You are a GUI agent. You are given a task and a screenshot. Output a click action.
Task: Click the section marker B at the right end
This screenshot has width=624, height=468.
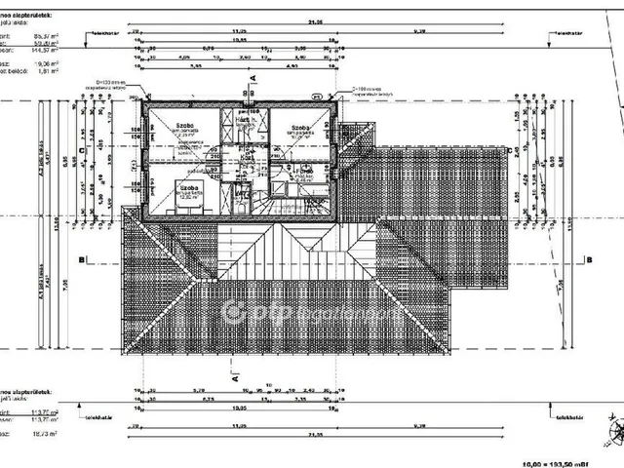589,259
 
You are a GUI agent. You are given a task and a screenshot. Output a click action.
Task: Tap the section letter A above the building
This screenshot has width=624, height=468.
253,75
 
